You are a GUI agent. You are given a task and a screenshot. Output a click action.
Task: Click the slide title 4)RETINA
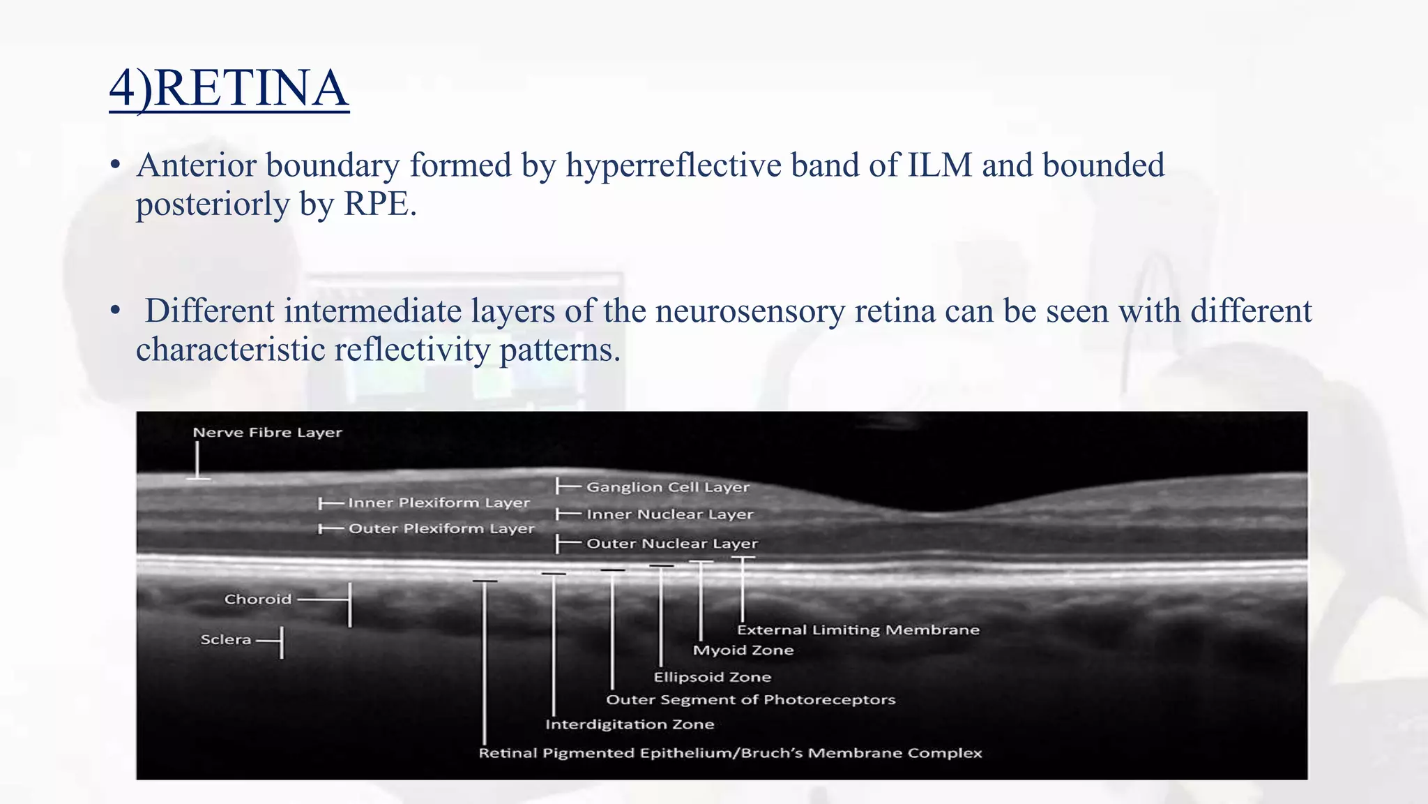pyautogui.click(x=229, y=89)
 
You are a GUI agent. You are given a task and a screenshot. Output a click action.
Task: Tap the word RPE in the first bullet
pyautogui.click(x=379, y=204)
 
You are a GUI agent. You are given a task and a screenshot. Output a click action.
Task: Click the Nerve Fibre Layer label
pyautogui.click(x=267, y=433)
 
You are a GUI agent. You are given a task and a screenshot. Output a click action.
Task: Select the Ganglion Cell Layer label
pyautogui.click(x=667, y=487)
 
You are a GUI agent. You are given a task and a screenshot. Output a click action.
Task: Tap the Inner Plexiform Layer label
pyautogui.click(x=439, y=502)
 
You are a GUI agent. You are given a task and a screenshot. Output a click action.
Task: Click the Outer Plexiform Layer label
pyautogui.click(x=441, y=528)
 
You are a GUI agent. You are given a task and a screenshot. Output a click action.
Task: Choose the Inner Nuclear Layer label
pyautogui.click(x=669, y=514)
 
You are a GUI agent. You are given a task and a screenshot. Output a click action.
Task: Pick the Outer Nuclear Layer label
pyautogui.click(x=671, y=543)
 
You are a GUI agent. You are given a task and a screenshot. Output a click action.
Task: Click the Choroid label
pyautogui.click(x=257, y=599)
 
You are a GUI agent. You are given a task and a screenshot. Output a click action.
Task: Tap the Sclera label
pyautogui.click(x=225, y=639)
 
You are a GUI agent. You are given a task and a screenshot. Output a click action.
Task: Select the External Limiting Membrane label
pyautogui.click(x=858, y=630)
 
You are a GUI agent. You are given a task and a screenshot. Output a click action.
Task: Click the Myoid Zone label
pyautogui.click(x=743, y=650)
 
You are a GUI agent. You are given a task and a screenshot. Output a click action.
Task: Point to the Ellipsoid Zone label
pyautogui.click(x=712, y=677)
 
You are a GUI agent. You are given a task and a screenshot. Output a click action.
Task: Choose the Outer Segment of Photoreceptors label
pyautogui.click(x=750, y=699)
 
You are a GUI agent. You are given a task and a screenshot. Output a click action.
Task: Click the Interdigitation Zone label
pyautogui.click(x=629, y=724)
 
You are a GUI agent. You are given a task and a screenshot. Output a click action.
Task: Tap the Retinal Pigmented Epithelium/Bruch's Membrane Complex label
pyautogui.click(x=729, y=753)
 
